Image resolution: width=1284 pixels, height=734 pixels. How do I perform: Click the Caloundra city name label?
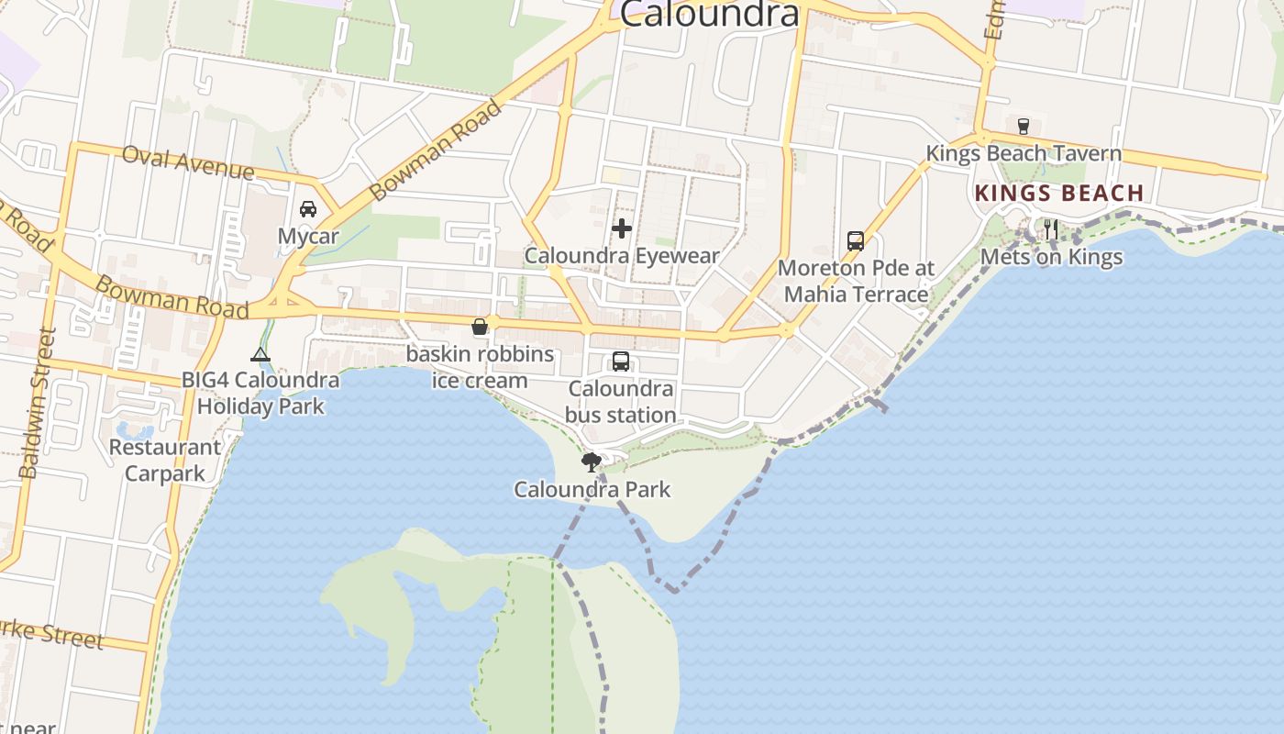coord(709,13)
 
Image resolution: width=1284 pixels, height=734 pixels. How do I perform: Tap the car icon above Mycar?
coord(308,208)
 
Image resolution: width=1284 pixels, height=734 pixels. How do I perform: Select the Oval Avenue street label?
coord(187,163)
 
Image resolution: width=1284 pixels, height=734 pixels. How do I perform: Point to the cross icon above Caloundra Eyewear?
coord(622,228)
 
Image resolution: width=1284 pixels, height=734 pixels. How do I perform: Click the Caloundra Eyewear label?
coord(622,255)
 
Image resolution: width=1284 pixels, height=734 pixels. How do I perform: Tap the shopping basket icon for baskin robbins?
coord(480,327)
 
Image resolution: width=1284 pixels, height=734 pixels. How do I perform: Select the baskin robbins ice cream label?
coord(480,367)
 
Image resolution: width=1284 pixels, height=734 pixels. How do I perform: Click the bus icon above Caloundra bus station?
coord(621,361)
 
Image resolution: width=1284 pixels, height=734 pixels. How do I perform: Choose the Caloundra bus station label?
coord(621,402)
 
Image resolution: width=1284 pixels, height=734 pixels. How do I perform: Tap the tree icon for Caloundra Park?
coord(592,462)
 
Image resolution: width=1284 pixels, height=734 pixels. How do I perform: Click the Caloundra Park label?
coord(592,489)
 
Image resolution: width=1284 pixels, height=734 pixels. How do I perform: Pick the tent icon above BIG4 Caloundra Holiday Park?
coord(260,355)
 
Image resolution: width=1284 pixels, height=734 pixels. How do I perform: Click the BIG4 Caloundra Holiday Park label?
coord(260,393)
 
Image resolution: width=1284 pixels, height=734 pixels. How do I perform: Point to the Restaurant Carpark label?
coord(165,461)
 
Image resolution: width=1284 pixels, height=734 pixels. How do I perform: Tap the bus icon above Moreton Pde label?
coord(856,241)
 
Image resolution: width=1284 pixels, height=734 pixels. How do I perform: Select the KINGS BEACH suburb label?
coord(1059,194)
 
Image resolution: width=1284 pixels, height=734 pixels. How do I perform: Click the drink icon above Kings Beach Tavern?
coord(1024,126)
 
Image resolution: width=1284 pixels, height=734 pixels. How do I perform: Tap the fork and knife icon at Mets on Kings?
coord(1051,229)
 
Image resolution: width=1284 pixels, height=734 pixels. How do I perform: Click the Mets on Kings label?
coord(1051,257)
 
